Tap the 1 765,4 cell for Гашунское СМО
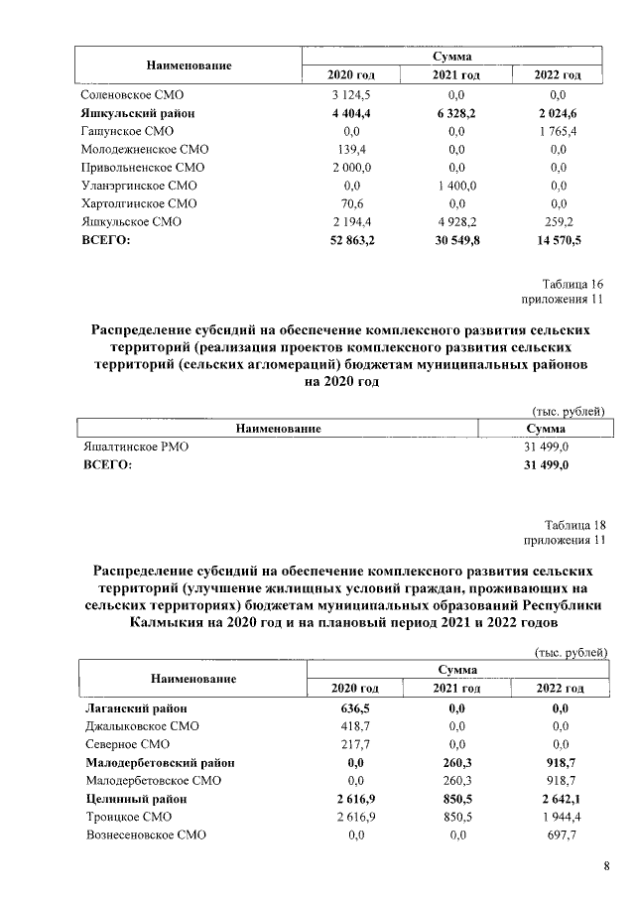[558, 131]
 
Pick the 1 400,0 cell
[455, 185]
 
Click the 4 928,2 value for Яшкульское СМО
[455, 220]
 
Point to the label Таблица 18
[574, 525]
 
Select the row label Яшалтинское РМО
[135, 448]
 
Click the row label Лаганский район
[136, 708]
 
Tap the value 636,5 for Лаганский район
[354, 708]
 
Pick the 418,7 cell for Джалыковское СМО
[354, 726]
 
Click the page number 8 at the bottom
[606, 867]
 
